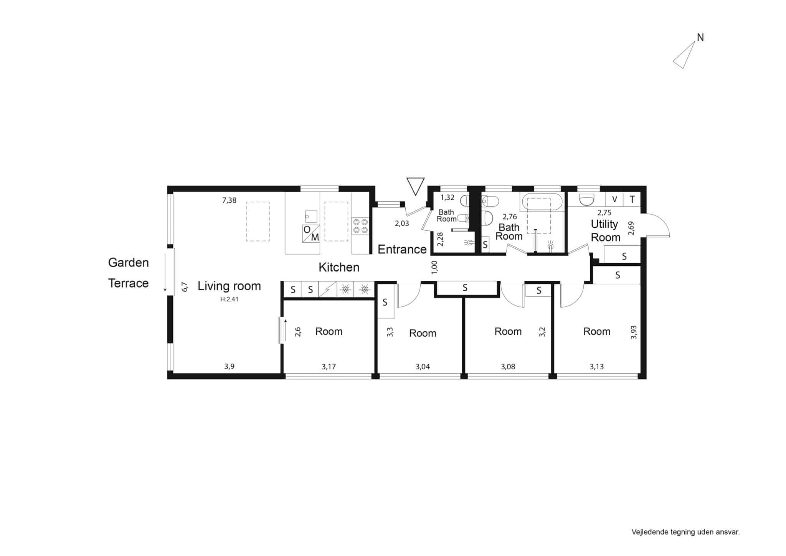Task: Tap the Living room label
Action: coord(229,286)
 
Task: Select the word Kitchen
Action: coord(339,267)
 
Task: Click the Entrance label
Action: coord(402,250)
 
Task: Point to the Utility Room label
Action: coord(605,230)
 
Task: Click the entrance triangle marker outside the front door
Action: coord(415,187)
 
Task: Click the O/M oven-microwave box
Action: coord(311,233)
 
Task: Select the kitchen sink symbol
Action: coord(311,216)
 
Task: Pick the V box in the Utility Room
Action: coord(614,199)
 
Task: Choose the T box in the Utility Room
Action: coord(632,199)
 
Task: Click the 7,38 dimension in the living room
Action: coord(229,200)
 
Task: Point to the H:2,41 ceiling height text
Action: coord(229,299)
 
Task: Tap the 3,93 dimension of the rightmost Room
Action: coord(634,332)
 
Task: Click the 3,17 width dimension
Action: coord(329,367)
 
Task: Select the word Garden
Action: coord(128,263)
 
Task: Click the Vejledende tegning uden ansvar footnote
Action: coord(685,532)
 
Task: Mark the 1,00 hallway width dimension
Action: coord(434,267)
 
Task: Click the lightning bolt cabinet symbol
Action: coord(328,289)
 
